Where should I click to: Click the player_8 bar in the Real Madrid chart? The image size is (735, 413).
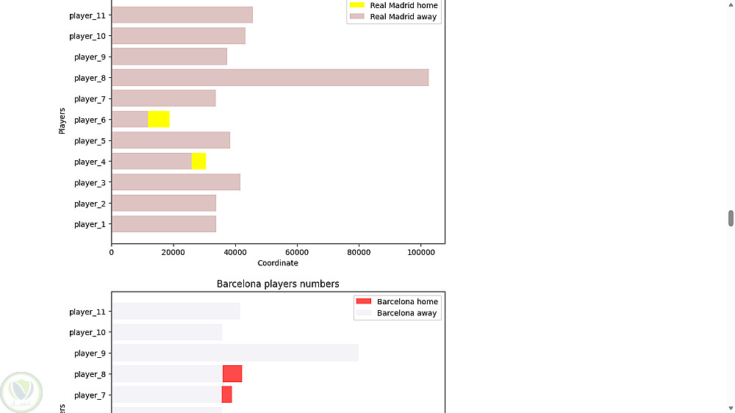click(x=270, y=78)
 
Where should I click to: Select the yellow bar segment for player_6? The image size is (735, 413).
click(x=159, y=120)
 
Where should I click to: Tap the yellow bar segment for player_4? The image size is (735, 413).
click(x=198, y=162)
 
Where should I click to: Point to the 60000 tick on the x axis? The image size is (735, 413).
click(x=296, y=253)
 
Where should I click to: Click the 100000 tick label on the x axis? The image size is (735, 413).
click(x=420, y=253)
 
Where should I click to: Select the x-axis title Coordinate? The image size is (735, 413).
click(x=278, y=263)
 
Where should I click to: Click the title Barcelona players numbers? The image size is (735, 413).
click(x=278, y=284)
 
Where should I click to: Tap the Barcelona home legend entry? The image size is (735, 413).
click(x=397, y=301)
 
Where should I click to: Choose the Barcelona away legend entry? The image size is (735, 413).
click(x=397, y=313)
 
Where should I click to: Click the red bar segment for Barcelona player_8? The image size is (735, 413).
click(x=232, y=374)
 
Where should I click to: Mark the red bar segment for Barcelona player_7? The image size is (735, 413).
click(x=226, y=395)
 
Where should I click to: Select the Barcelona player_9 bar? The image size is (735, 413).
click(x=235, y=353)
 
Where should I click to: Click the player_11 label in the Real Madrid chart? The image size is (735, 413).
click(x=87, y=15)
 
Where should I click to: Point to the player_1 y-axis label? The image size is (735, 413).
click(x=90, y=225)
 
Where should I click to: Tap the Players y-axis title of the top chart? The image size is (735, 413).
click(x=62, y=121)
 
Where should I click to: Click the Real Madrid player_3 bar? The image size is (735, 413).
click(x=176, y=182)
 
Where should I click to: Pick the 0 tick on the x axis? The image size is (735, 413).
click(x=112, y=253)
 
